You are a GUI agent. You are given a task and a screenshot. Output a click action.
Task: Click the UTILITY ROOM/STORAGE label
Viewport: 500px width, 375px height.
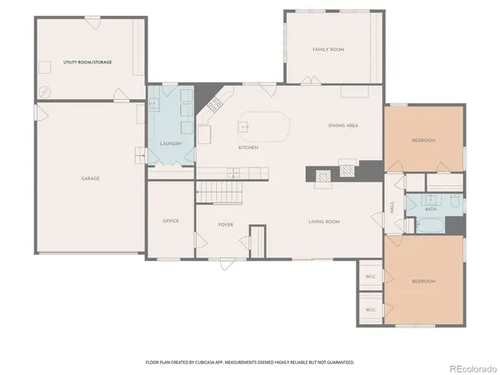point(87,62)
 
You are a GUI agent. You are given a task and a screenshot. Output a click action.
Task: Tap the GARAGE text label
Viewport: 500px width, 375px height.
point(91,179)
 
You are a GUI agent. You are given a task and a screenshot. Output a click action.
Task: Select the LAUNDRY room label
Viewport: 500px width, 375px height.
point(170,143)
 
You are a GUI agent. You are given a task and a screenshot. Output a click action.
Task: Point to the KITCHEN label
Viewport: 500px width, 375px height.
point(248,147)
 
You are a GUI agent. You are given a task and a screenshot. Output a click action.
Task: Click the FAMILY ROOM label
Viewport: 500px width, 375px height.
point(328,50)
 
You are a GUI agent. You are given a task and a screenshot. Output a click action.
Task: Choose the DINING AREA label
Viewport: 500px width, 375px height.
point(342,125)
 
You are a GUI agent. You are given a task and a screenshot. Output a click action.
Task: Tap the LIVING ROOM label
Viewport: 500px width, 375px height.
point(324,222)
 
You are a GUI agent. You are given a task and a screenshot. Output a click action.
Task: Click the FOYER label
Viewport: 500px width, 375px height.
point(226,225)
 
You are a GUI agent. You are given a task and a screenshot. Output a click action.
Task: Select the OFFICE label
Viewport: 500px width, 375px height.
point(171,221)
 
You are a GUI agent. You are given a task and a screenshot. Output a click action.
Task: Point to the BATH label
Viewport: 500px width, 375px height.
point(430,209)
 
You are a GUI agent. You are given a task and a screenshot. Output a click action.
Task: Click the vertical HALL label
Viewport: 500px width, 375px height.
point(392,208)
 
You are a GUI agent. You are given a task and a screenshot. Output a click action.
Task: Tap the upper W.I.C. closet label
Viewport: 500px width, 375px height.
point(372,276)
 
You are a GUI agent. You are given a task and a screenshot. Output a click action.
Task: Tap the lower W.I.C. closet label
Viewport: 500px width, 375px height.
point(372,310)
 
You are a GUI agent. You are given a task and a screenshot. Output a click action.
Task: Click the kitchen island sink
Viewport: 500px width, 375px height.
point(244,127)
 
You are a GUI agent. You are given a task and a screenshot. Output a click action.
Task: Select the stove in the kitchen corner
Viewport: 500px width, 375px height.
point(214,104)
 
